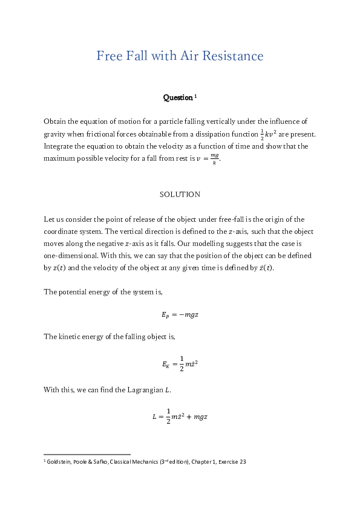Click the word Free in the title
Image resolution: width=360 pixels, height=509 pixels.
[x=108, y=56]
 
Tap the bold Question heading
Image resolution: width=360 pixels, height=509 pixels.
[x=178, y=97]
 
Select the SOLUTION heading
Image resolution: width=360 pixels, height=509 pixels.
[x=180, y=195]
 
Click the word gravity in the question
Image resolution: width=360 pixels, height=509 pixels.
[x=54, y=134]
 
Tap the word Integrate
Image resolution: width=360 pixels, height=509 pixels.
[x=59, y=146]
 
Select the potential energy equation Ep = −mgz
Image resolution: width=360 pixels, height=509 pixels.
[x=180, y=314]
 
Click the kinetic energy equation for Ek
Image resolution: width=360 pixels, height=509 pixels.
[x=180, y=364]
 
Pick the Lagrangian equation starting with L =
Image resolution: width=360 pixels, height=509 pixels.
[x=180, y=417]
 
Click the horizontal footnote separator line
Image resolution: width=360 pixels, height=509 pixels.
[x=87, y=454]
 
